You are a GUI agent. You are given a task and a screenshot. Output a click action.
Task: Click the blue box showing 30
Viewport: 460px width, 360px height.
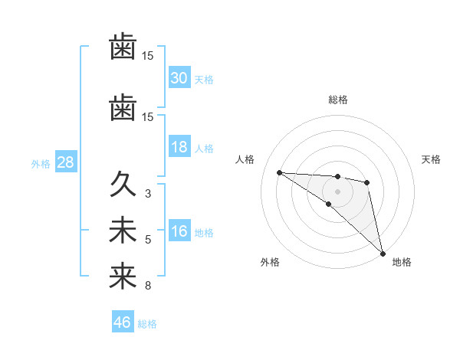click(179, 78)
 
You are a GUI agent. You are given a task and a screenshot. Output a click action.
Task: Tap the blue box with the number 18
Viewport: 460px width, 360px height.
click(179, 147)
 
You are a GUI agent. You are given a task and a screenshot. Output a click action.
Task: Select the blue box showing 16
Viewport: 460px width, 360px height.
click(179, 231)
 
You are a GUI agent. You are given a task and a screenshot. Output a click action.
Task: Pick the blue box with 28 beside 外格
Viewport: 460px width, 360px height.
click(65, 162)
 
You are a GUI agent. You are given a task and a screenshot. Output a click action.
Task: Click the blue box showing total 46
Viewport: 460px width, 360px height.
click(123, 322)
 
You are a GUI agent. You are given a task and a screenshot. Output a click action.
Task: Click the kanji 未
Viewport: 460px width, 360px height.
click(123, 231)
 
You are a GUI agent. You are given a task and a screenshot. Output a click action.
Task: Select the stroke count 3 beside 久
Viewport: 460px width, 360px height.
click(148, 194)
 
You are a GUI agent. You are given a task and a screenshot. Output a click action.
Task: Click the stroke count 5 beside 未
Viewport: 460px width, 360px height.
click(148, 240)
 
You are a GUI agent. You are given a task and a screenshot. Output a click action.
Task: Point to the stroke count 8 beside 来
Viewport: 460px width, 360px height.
click(148, 286)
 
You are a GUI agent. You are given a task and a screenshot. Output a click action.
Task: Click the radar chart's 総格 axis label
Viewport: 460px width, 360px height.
click(338, 100)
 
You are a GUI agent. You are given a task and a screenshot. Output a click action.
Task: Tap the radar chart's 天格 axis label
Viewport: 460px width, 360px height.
click(432, 159)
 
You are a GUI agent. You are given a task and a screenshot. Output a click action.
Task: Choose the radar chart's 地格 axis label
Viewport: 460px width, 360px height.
click(402, 263)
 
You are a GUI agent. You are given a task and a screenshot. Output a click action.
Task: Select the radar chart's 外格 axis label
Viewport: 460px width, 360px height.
click(270, 263)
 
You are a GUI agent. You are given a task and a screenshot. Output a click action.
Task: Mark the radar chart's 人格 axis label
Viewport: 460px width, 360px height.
click(245, 159)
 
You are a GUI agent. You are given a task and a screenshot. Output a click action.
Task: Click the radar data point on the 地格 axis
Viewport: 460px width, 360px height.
click(383, 253)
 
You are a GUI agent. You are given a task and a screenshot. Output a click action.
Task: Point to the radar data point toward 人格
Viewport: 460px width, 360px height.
click(279, 172)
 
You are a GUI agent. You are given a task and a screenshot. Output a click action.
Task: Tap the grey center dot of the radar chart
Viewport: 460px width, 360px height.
click(337, 191)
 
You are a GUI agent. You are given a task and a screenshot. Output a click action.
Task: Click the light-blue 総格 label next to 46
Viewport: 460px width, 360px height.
click(147, 324)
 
